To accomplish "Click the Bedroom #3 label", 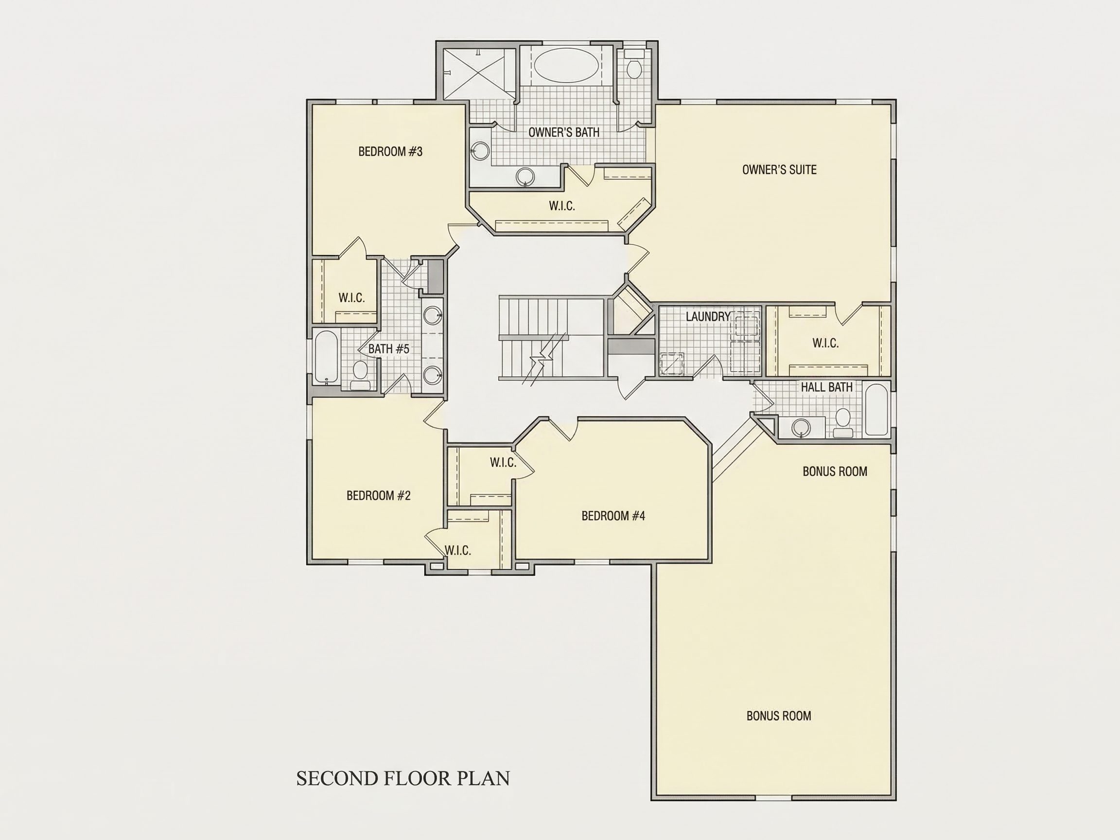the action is (390, 151).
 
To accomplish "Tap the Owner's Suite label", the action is (779, 170).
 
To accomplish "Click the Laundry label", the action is (708, 316).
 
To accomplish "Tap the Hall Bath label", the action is (826, 387).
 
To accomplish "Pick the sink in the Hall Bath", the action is (801, 428).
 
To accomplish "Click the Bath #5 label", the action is (388, 349).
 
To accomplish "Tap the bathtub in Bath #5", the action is (326, 357).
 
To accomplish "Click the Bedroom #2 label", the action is (378, 495).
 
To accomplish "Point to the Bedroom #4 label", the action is (613, 516).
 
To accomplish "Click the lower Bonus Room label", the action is (779, 716).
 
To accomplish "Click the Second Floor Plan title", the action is (403, 779).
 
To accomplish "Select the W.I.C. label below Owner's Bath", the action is (562, 206).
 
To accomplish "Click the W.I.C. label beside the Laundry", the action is (826, 343).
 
